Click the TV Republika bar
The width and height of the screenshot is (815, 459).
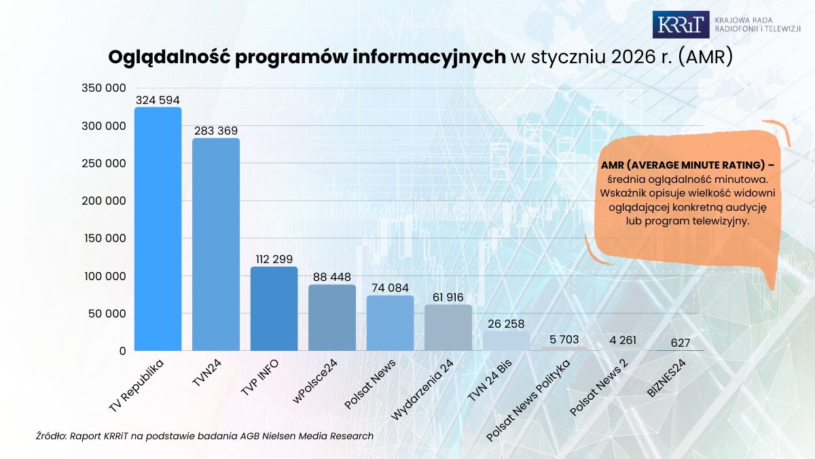158,229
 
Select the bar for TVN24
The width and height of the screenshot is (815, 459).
216,245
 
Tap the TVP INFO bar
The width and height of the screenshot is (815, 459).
274,309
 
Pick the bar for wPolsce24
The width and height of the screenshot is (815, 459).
332,318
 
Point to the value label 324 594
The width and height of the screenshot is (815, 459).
158,100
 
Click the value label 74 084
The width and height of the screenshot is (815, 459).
390,288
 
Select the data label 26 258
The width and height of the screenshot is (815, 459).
506,324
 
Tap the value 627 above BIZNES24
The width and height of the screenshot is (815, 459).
680,343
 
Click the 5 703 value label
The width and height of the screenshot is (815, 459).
564,339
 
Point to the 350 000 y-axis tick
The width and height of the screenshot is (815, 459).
103,88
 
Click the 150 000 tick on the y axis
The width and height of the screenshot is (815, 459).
103,239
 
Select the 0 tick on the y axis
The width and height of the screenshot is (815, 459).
122,351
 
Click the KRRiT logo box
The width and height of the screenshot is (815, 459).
680,24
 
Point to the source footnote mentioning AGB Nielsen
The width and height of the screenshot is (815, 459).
204,436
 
